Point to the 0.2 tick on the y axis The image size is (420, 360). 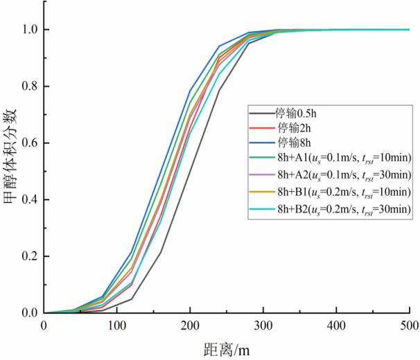(x=26, y=256)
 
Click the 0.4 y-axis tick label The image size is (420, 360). (x=26, y=199)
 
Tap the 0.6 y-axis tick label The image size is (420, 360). (x=26, y=143)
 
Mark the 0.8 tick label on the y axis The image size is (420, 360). (x=26, y=87)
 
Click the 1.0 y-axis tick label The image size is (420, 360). (x=26, y=30)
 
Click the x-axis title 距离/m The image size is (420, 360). (x=227, y=349)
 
